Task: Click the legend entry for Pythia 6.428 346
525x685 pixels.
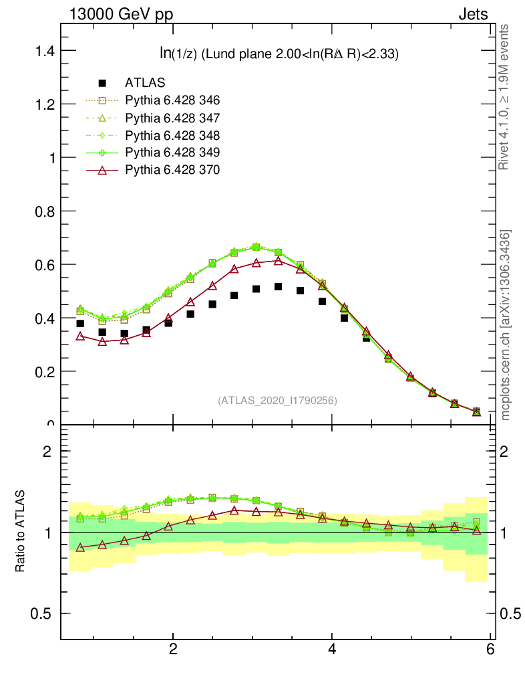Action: pyautogui.click(x=172, y=100)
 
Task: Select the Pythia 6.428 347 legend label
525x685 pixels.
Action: pyautogui.click(x=172, y=118)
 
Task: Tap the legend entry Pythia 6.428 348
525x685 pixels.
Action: pyautogui.click(x=172, y=135)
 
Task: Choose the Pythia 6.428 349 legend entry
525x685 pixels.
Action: pyautogui.click(x=172, y=153)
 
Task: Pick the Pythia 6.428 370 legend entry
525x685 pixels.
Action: pyautogui.click(x=172, y=170)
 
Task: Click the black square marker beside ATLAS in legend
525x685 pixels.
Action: pyautogui.click(x=102, y=83)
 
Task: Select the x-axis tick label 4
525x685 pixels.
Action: pyautogui.click(x=332, y=650)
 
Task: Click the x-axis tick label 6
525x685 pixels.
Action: pyautogui.click(x=491, y=650)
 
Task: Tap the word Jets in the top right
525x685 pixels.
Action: pyautogui.click(x=472, y=14)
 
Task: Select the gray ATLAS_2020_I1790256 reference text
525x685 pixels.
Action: pyautogui.click(x=277, y=401)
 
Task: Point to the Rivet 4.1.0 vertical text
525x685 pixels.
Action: pyautogui.click(x=504, y=97)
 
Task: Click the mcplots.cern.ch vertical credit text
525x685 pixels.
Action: pyautogui.click(x=506, y=324)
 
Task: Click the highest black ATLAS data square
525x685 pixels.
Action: pyautogui.click(x=278, y=287)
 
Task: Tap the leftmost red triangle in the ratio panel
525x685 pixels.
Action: pyautogui.click(x=80, y=547)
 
